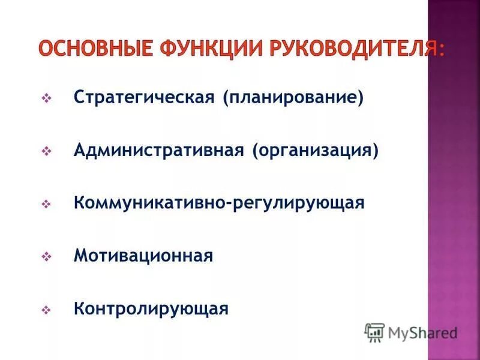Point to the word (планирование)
coord(293,97)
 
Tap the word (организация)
coord(315,150)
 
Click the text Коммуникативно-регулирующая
coord(219,203)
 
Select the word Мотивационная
coord(143,256)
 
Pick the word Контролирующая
coord(151,309)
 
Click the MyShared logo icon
coord(374,332)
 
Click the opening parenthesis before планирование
coord(227,97)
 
